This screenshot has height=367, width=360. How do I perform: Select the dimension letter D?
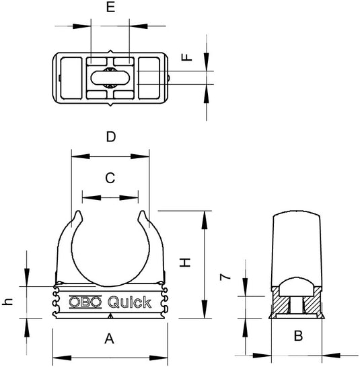[x=111, y=137]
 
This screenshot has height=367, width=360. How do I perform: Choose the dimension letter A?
[x=110, y=340]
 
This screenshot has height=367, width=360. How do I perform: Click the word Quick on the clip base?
[x=129, y=302]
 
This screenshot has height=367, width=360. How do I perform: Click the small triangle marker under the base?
[x=110, y=314]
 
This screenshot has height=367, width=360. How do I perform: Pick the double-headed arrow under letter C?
[x=110, y=199]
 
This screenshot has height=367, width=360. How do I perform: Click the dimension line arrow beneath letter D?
[x=110, y=158]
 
